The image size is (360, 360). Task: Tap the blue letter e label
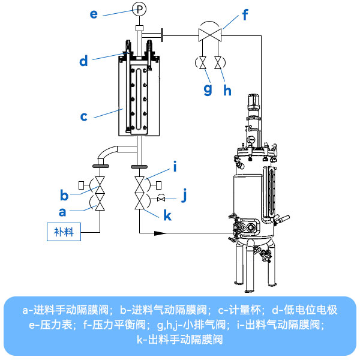94,13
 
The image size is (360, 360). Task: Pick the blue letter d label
83,60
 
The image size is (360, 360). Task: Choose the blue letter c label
84,116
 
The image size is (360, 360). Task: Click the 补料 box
64,232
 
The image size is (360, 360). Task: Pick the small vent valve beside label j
161,199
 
